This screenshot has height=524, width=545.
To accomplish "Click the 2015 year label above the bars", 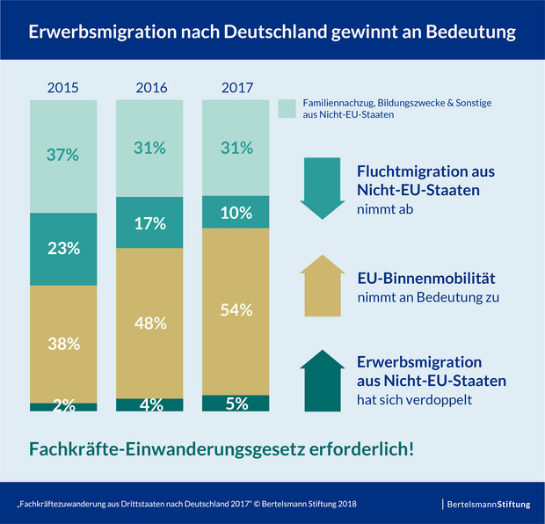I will click(63, 88).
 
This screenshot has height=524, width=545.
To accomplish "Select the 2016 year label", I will click(150, 88).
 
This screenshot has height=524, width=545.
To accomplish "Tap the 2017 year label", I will click(236, 88).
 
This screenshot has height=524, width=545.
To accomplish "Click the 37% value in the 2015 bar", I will click(63, 156).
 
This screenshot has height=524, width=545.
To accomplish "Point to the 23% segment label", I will click(63, 249).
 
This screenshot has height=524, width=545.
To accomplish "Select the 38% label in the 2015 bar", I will click(63, 343).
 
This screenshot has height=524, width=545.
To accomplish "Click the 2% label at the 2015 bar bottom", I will click(63, 405).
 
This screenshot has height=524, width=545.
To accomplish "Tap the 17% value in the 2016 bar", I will click(150, 224).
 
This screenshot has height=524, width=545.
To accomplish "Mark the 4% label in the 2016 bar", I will click(150, 404).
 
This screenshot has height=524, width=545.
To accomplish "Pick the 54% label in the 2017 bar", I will click(236, 310).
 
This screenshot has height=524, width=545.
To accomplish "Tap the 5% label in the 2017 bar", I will click(236, 404).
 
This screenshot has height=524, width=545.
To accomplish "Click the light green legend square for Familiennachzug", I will click(286, 108).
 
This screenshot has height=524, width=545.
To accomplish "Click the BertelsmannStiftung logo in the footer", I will click(489, 504).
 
